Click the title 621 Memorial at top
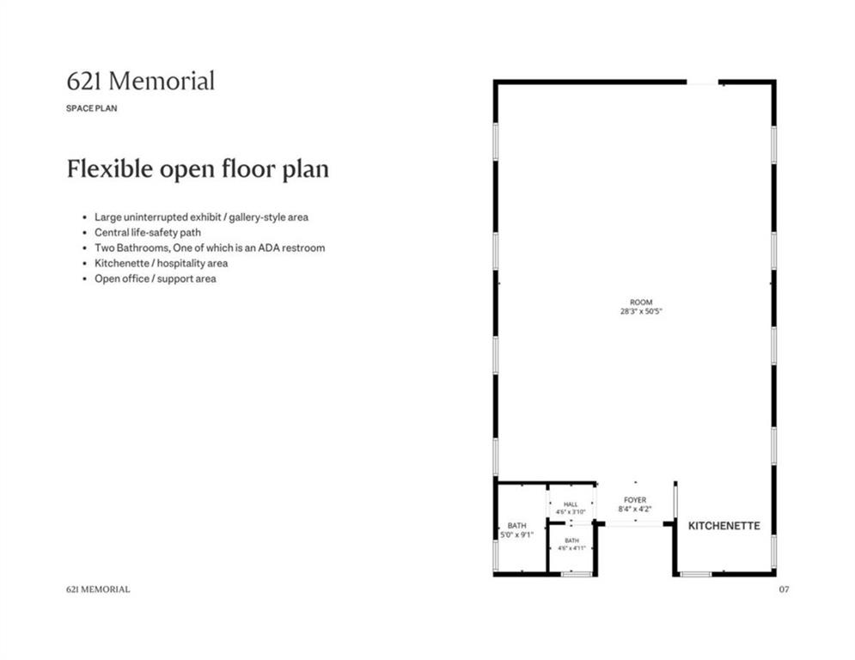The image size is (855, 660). pyautogui.click(x=141, y=82)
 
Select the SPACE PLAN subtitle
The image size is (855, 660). pyautogui.click(x=92, y=108)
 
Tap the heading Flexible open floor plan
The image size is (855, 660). pyautogui.click(x=198, y=168)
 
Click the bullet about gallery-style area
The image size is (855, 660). pyautogui.click(x=201, y=217)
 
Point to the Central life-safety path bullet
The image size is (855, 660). pyautogui.click(x=148, y=232)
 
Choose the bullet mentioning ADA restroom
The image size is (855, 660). pyautogui.click(x=210, y=247)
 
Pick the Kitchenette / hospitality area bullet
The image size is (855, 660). pyautogui.click(x=162, y=263)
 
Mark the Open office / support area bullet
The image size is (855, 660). pyautogui.click(x=156, y=278)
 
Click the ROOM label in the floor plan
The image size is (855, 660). pyautogui.click(x=641, y=302)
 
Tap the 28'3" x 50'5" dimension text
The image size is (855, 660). pyautogui.click(x=641, y=311)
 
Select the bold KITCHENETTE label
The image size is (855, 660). pyautogui.click(x=724, y=526)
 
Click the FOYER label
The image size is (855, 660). pyautogui.click(x=635, y=499)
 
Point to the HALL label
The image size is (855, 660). pyautogui.click(x=571, y=504)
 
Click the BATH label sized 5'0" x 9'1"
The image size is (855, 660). pyautogui.click(x=517, y=526)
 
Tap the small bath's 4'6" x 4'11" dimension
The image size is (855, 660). pyautogui.click(x=571, y=548)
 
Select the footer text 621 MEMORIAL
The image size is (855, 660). pyautogui.click(x=98, y=589)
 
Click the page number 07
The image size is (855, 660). pyautogui.click(x=784, y=589)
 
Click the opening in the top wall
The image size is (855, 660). pyautogui.click(x=702, y=82)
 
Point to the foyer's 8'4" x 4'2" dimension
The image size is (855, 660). pyautogui.click(x=635, y=509)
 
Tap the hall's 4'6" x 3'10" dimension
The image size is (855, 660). pyautogui.click(x=571, y=512)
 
